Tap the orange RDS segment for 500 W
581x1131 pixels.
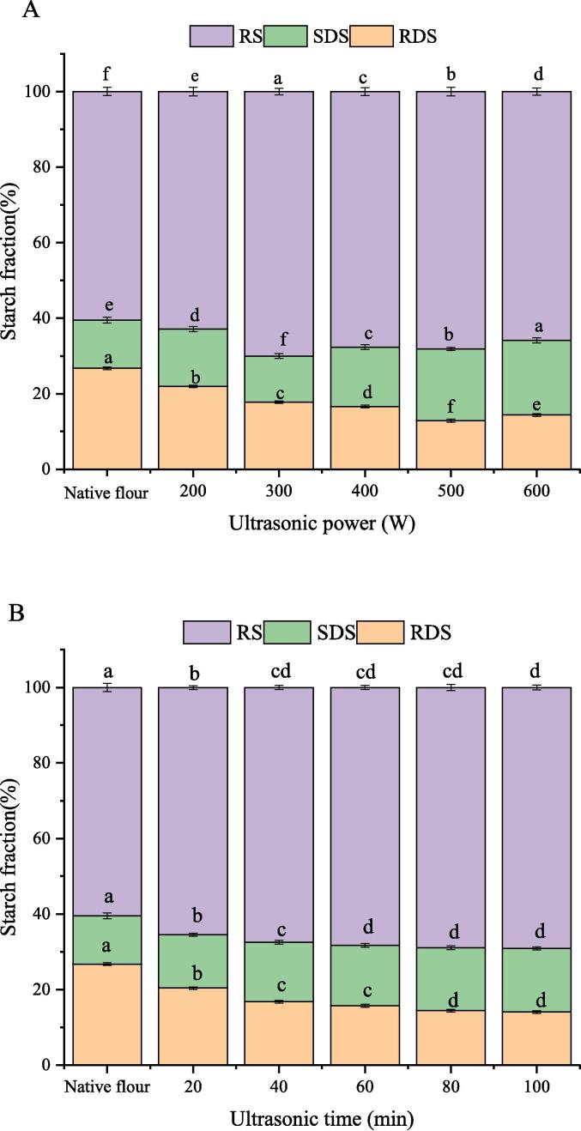click(x=451, y=445)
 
